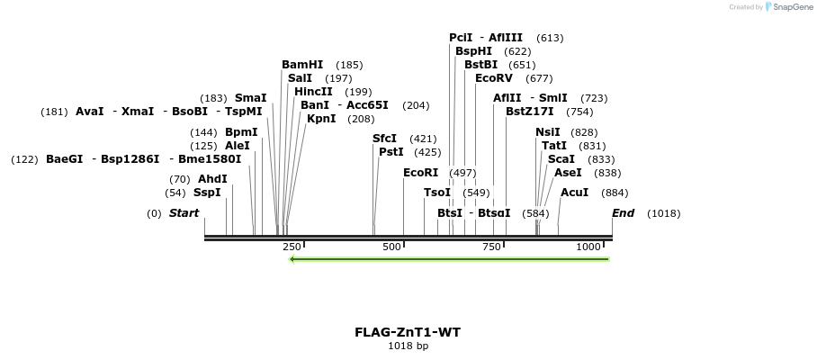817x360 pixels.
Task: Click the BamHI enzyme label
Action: click(x=302, y=65)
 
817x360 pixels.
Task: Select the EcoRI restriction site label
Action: click(x=420, y=173)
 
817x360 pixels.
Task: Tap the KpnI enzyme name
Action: click(x=321, y=119)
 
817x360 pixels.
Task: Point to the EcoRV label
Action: click(x=494, y=78)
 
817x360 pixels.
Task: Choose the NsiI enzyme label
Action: click(x=547, y=132)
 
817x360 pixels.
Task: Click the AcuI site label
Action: click(x=574, y=193)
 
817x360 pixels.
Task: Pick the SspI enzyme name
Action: click(x=207, y=193)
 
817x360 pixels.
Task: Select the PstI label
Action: click(x=391, y=152)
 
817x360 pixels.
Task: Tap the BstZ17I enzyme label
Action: click(x=530, y=112)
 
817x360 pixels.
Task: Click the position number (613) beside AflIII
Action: click(x=550, y=38)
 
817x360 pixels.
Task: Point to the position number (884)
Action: click(x=615, y=193)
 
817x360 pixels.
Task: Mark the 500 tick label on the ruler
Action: click(x=391, y=247)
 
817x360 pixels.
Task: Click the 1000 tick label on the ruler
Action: click(x=588, y=247)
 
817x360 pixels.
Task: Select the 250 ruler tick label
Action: click(x=292, y=247)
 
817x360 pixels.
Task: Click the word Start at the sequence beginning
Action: click(x=184, y=213)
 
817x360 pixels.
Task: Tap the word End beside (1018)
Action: click(x=623, y=213)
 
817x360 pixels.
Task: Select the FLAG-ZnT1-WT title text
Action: click(x=408, y=332)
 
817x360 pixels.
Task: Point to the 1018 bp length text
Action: click(x=408, y=346)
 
